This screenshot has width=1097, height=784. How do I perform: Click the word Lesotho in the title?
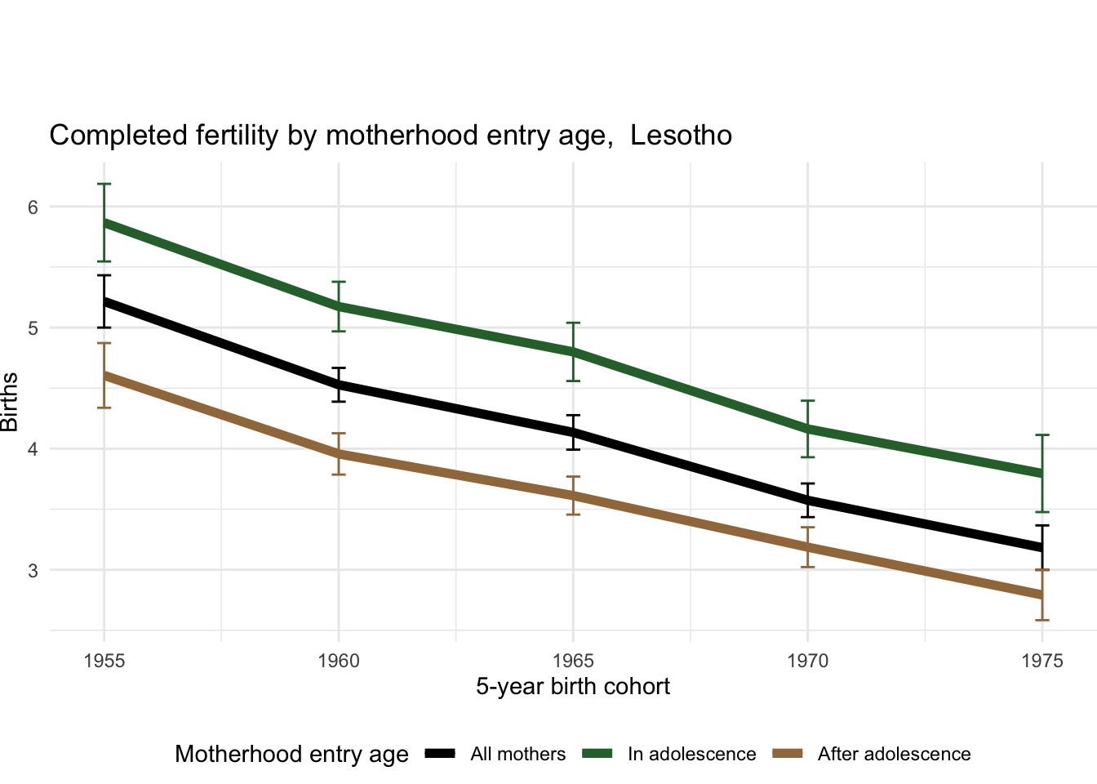682,136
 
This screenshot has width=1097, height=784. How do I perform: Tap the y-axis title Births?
10,402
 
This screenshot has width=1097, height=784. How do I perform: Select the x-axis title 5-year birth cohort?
573,687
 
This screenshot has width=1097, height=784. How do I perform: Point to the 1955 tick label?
104,661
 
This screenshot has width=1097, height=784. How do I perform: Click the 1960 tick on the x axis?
339,661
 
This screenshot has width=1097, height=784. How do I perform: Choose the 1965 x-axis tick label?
573,661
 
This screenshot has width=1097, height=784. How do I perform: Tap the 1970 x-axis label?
807,661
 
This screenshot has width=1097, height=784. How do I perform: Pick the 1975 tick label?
1041,661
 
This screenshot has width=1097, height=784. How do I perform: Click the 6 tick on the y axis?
33,207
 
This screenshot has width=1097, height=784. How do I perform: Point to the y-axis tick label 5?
33,328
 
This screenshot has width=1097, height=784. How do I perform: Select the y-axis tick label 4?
33,449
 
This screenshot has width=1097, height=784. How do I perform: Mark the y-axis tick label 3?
33,570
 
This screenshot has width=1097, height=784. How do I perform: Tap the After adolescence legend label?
894,755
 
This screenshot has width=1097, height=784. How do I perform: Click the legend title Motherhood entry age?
291,755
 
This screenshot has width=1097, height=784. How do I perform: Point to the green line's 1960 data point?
339,306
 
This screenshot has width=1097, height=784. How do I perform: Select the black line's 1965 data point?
573,433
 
